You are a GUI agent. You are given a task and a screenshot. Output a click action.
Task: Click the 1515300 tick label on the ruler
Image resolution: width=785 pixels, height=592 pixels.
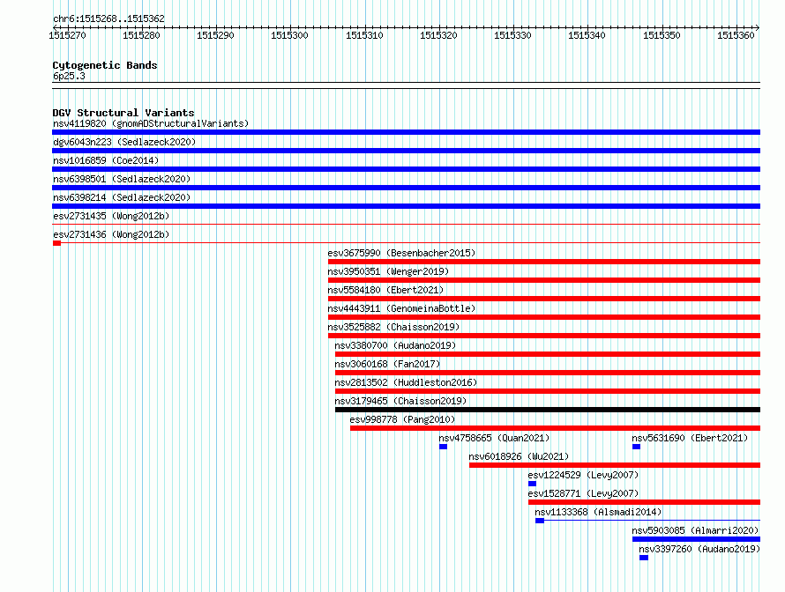(289, 35)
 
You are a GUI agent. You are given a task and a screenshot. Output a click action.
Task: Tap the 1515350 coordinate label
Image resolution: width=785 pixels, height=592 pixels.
(662, 35)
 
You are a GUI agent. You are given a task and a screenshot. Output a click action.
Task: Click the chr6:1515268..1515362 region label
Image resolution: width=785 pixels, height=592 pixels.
(108, 18)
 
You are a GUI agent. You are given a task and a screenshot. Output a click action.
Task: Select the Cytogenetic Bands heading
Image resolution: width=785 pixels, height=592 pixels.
(105, 65)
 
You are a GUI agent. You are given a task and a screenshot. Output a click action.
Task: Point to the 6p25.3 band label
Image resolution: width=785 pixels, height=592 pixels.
(69, 76)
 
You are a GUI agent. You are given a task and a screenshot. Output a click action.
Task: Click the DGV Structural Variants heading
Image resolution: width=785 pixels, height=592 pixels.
(123, 113)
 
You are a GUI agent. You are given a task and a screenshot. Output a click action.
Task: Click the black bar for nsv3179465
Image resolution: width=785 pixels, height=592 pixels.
(548, 410)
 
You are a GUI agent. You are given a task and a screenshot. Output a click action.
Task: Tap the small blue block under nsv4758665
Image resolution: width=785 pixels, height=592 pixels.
(443, 447)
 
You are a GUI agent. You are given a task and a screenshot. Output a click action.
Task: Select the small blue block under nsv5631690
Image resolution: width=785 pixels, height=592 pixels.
(636, 447)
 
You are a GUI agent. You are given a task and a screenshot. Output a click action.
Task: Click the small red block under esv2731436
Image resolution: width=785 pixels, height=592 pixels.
(56, 243)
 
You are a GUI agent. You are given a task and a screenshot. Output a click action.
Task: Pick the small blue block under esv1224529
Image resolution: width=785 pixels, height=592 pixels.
(532, 484)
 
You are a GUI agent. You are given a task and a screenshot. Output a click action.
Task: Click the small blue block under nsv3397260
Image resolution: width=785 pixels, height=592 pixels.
(644, 558)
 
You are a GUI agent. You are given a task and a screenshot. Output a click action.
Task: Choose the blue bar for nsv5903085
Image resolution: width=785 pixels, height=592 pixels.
(697, 539)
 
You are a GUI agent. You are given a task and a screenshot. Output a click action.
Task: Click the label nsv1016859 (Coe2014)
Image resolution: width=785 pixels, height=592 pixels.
(106, 160)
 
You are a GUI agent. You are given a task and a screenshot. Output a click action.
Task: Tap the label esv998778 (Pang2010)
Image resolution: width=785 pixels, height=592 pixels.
(402, 419)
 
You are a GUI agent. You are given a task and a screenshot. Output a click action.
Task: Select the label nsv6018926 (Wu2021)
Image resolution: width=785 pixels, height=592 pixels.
(519, 456)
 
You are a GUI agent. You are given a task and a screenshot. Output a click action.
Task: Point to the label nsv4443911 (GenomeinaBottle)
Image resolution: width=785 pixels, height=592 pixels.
(401, 308)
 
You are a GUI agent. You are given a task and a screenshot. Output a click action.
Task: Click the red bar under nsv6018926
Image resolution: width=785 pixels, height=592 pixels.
(615, 465)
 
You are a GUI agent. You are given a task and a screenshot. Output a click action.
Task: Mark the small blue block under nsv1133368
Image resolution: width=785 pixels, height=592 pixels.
(540, 521)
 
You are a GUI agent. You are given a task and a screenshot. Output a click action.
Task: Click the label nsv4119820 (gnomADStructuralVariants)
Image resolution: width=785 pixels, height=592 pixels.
(151, 123)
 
